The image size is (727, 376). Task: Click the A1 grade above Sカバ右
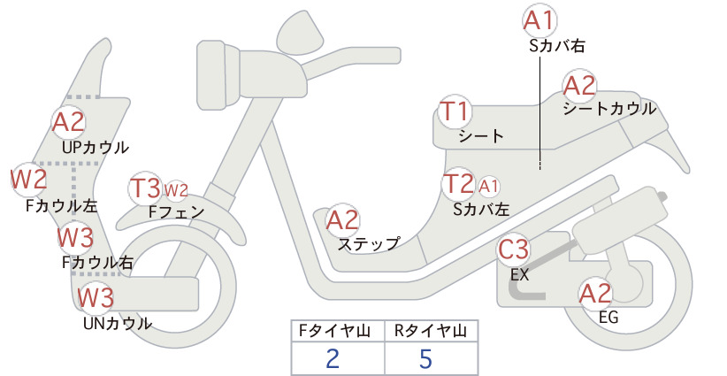click(540, 21)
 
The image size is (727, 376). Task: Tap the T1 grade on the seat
click(455, 111)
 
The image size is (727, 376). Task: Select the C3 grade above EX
click(513, 249)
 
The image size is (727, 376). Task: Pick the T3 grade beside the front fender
click(145, 188)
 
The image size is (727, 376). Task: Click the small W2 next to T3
click(176, 190)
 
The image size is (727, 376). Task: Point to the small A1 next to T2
click(489, 187)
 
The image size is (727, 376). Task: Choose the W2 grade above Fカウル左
click(29, 179)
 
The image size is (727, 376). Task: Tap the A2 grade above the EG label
click(595, 293)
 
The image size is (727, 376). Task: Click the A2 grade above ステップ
click(342, 219)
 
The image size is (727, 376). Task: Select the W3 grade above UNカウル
click(96, 297)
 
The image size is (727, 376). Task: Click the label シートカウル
click(609, 109)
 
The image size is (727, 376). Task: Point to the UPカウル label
click(95, 148)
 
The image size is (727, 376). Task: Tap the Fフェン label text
click(176, 211)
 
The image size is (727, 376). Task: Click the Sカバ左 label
click(481, 210)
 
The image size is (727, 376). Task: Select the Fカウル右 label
click(97, 263)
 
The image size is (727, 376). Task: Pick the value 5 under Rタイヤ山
click(425, 359)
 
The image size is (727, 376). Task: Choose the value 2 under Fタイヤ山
click(333, 359)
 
